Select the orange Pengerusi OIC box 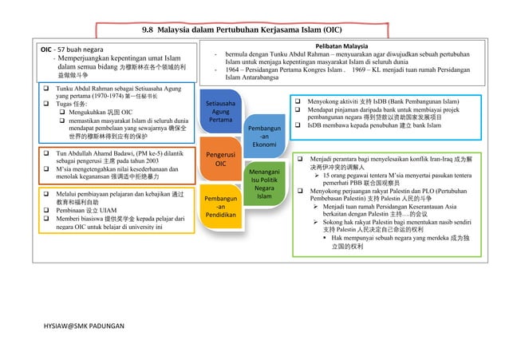tap(221, 158)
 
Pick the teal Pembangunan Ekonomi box tap(264, 136)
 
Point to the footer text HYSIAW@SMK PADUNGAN tap(81, 328)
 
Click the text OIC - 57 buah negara tap(77, 49)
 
